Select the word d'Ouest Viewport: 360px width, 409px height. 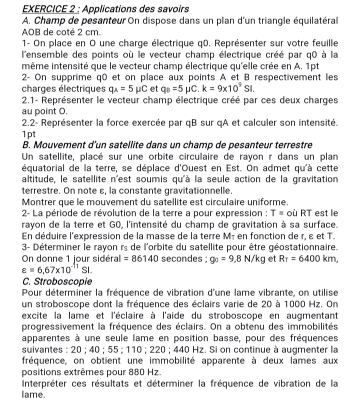click(x=217, y=167)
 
